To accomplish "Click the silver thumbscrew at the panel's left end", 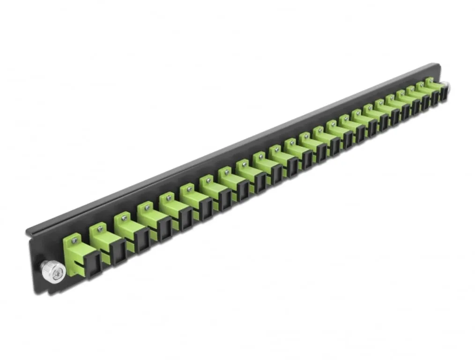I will (52, 270).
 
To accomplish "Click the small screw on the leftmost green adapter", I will (74, 241).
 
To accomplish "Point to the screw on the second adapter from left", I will (99, 229).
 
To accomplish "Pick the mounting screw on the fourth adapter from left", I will (147, 206).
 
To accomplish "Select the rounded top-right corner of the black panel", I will (438, 65).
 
